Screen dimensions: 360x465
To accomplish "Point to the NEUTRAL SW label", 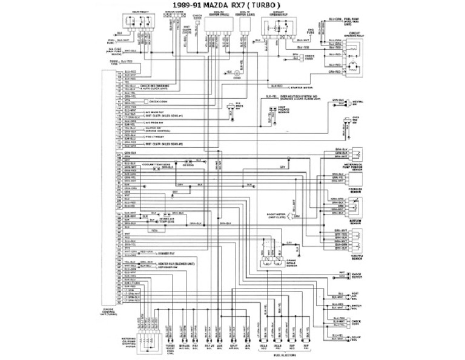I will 358,102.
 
